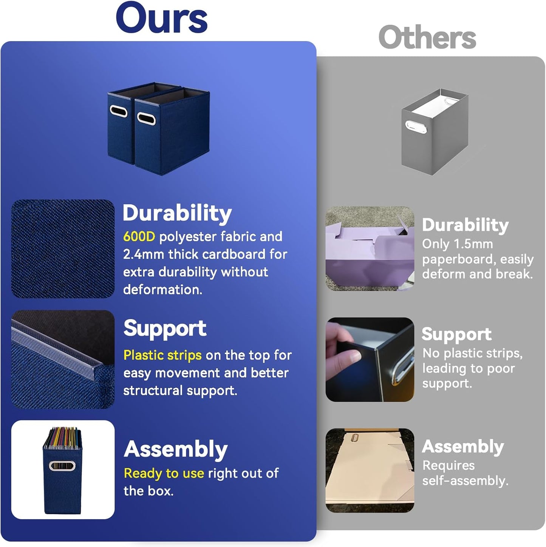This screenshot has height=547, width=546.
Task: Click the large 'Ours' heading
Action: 162,18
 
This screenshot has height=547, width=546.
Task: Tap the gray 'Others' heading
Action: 427,37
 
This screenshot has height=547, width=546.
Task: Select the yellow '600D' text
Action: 139,237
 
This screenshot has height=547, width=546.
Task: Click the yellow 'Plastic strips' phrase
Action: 162,355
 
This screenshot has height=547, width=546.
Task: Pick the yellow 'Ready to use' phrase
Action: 164,473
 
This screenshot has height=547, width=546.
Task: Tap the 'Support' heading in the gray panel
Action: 457,334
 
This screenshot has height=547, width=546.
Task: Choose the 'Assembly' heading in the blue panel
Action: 176,450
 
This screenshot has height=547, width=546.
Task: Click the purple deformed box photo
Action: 370,249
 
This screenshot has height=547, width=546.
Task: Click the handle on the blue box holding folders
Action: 62,465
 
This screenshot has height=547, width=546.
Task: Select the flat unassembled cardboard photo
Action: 370,471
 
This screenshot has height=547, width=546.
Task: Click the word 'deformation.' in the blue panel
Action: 162,290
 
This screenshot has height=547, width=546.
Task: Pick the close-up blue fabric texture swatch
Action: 63,249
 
